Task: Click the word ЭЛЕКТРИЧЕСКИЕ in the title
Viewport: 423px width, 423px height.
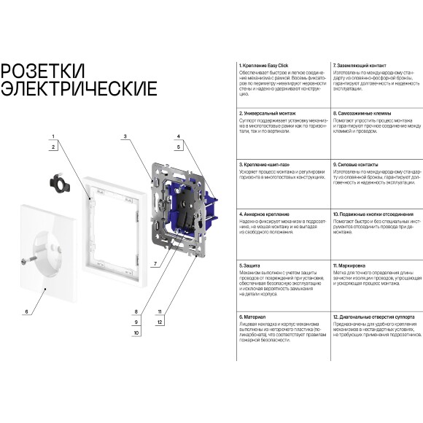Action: point(79,89)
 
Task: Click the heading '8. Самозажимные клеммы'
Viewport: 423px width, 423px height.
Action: point(362,114)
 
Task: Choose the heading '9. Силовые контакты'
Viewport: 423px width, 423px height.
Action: point(357,165)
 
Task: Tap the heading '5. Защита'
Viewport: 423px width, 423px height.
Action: point(252,266)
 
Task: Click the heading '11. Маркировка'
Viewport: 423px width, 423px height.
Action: point(349,266)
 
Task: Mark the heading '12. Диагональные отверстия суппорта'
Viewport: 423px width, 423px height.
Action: point(373,317)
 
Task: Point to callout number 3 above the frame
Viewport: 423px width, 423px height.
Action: point(125,136)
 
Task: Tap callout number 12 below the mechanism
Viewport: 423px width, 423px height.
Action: point(160,322)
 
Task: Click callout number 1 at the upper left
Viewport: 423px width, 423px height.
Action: point(53,137)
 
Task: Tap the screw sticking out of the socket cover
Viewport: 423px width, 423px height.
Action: point(28,260)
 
